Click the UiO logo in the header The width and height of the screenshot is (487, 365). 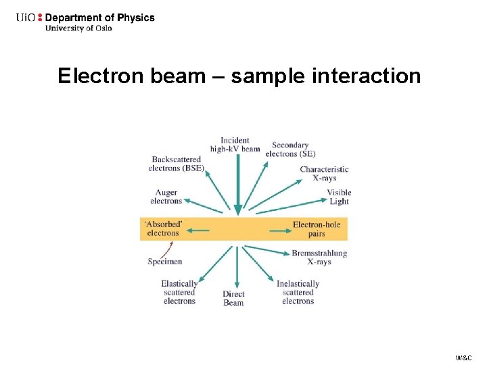coord(30,18)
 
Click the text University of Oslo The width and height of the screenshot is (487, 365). coord(78,28)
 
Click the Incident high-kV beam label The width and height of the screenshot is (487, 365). coord(235,145)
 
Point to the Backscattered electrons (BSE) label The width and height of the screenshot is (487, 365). coord(176,164)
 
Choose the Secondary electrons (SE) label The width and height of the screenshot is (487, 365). coord(290,149)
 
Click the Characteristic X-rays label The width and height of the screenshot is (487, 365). coord(324,174)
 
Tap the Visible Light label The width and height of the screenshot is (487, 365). coord(339,197)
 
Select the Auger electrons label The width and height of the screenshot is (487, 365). coord(166,197)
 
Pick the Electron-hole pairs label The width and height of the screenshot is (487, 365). coord(317,228)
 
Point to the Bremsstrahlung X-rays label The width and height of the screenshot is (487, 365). coord(319,258)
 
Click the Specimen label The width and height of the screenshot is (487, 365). coord(165,262)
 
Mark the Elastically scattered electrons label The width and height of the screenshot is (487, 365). coord(179,292)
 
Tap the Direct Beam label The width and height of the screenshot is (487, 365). coord(233,298)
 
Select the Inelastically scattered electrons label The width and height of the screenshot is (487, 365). coord(298,292)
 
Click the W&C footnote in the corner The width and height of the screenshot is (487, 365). coord(464,357)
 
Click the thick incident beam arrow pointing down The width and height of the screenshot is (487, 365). coord(237,182)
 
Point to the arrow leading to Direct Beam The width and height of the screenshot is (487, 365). coord(236,267)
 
